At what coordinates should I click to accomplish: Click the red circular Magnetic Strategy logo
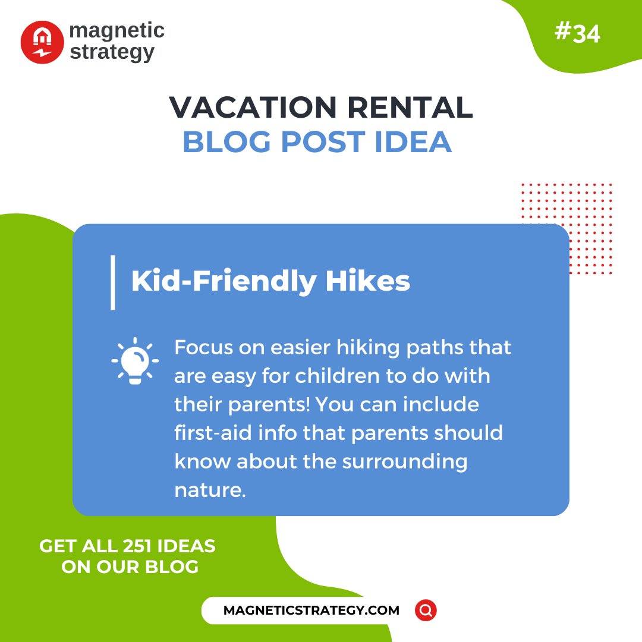(42, 42)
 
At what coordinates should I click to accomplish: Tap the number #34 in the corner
(577, 33)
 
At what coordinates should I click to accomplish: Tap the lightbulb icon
(135, 360)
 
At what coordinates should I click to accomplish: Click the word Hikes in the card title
(368, 281)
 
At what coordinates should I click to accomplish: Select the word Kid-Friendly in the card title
(224, 281)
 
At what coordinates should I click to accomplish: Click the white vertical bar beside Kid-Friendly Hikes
(113, 282)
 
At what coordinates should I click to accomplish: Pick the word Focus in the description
(201, 347)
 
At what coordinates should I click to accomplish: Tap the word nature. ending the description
(210, 490)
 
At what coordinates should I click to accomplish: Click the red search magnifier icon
(426, 610)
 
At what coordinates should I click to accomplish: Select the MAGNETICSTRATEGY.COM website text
(311, 610)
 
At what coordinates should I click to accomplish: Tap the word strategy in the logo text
(112, 52)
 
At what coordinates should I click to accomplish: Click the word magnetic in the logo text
(117, 31)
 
